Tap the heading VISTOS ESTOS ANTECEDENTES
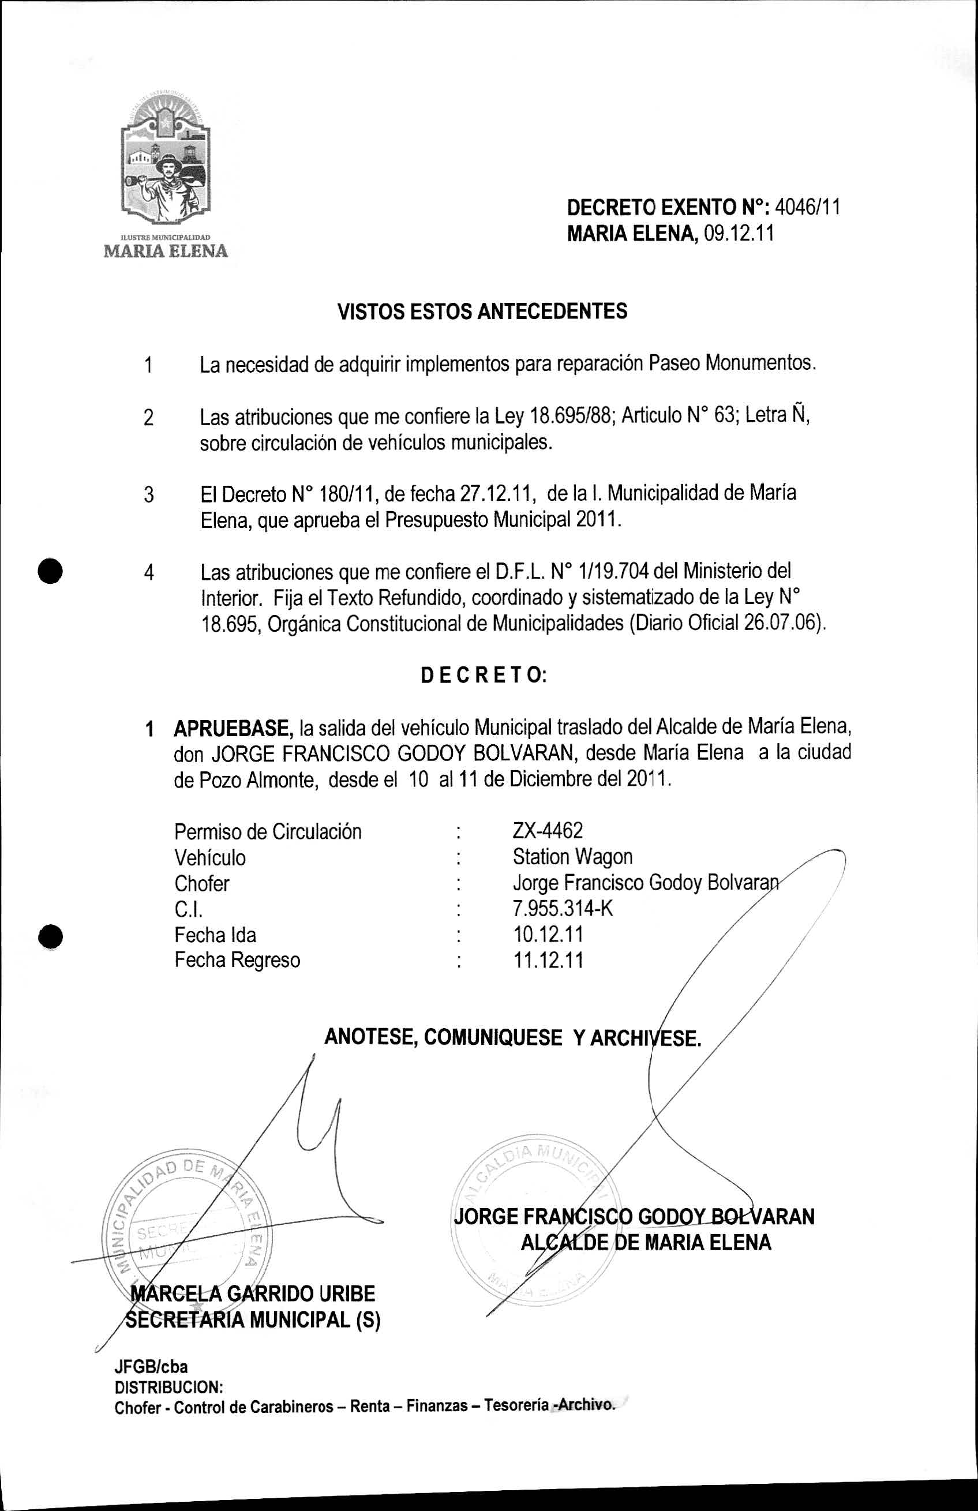(482, 311)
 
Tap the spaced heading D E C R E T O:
(484, 675)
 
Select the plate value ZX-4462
(548, 830)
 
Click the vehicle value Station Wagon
(572, 857)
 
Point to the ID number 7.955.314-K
(563, 909)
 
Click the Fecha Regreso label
(237, 960)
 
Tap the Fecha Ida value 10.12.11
(548, 935)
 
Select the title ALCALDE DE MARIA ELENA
(645, 1243)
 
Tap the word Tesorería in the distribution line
(516, 1405)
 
